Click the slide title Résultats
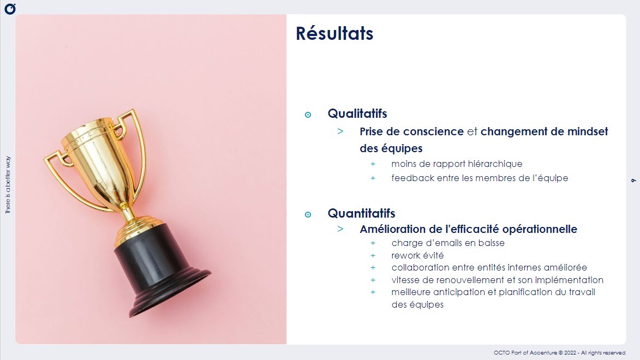click(334, 33)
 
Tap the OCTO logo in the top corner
click(9, 9)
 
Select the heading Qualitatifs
click(357, 113)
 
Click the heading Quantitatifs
click(361, 213)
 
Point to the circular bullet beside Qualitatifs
click(308, 115)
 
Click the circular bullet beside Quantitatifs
click(308, 214)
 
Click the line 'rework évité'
click(417, 255)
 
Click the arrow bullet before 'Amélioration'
click(340, 229)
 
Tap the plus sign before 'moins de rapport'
click(373, 164)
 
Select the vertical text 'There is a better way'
click(8, 185)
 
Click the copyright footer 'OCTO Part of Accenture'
click(559, 353)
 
